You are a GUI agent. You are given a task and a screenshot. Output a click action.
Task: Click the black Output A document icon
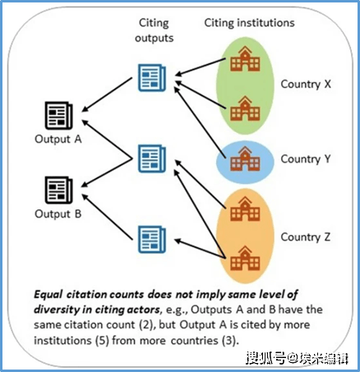pyautogui.click(x=58, y=115)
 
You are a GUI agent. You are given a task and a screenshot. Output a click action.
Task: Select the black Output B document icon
pyautogui.click(x=58, y=190)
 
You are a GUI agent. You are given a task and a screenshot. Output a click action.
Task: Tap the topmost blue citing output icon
pyautogui.click(x=152, y=78)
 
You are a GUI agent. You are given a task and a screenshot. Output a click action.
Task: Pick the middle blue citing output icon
pyautogui.click(x=152, y=158)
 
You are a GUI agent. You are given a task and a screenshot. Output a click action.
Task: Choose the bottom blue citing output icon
pyautogui.click(x=152, y=240)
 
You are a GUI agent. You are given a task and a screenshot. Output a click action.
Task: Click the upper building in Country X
pyautogui.click(x=245, y=59)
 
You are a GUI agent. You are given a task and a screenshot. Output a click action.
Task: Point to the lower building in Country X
pyautogui.click(x=245, y=108)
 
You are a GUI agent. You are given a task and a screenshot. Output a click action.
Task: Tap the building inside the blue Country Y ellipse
pyautogui.click(x=245, y=158)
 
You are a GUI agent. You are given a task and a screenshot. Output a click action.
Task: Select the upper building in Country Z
pyautogui.click(x=245, y=209)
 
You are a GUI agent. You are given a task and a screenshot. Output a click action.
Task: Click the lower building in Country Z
pyautogui.click(x=245, y=259)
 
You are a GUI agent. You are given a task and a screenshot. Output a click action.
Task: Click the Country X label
pyautogui.click(x=306, y=85)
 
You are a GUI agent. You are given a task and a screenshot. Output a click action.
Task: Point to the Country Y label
pyautogui.click(x=306, y=159)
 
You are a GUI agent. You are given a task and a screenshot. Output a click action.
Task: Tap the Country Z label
pyautogui.click(x=306, y=237)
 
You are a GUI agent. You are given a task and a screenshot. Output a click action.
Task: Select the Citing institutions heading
pyautogui.click(x=249, y=23)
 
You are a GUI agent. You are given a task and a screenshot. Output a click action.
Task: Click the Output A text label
pyautogui.click(x=58, y=140)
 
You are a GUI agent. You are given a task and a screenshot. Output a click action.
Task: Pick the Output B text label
pyautogui.click(x=58, y=214)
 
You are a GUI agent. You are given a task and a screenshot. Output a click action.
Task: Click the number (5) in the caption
pyautogui.click(x=102, y=341)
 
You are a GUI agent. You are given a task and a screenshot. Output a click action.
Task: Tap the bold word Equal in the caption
pyautogui.click(x=48, y=295)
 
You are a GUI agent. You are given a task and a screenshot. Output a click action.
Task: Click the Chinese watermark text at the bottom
pyautogui.click(x=297, y=358)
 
